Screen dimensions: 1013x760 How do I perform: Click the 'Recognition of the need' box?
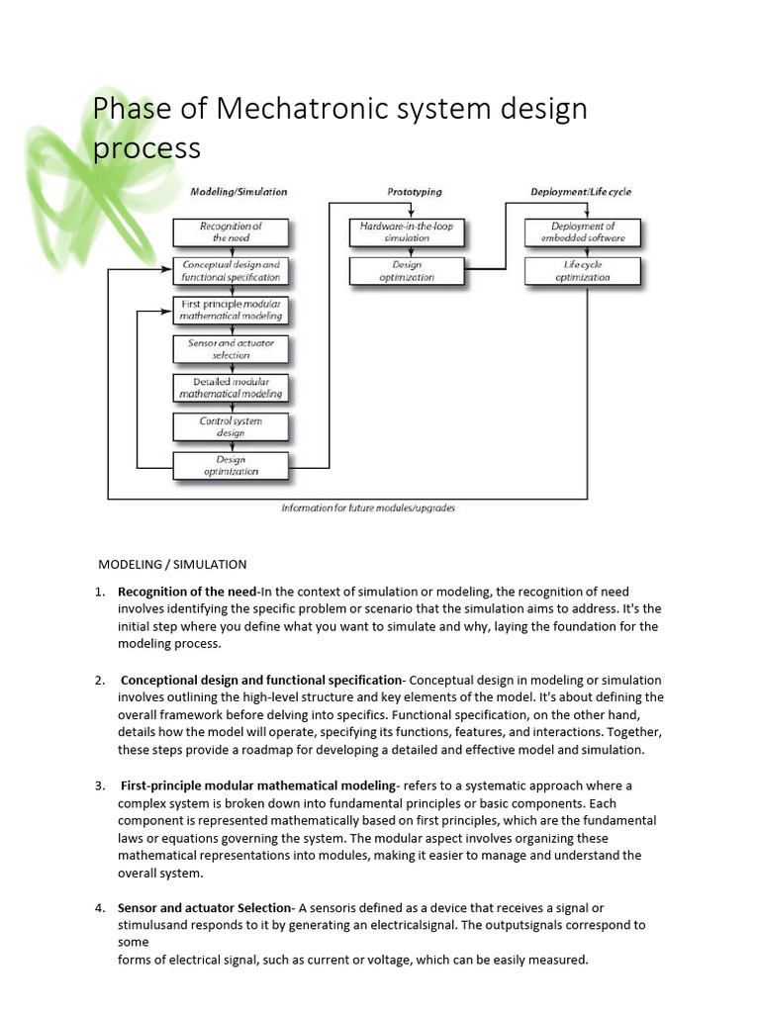(231, 232)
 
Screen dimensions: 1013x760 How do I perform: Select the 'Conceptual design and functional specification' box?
(231, 271)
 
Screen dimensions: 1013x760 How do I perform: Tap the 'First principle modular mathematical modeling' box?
(231, 310)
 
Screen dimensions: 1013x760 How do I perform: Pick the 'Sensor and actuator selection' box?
(231, 348)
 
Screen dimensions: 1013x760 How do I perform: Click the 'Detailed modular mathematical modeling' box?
(231, 387)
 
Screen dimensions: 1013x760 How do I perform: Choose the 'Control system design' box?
(231, 426)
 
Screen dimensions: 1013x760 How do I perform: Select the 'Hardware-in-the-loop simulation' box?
(407, 232)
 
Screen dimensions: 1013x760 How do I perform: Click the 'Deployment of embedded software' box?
(583, 232)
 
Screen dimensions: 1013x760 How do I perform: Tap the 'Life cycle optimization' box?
(583, 271)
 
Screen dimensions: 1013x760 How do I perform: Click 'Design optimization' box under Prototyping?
(407, 271)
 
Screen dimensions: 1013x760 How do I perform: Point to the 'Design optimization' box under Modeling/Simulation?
(231, 466)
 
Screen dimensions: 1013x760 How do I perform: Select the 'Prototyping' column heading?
(414, 192)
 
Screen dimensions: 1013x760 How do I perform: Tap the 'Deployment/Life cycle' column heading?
(581, 192)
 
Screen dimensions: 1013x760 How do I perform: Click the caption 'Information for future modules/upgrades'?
(368, 508)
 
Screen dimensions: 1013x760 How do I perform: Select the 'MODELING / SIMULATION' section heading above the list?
(172, 565)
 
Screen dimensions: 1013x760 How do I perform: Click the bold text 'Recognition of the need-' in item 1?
(187, 592)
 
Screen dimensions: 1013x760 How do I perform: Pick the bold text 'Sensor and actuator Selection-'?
(206, 908)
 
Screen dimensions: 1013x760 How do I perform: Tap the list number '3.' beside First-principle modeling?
(100, 785)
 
